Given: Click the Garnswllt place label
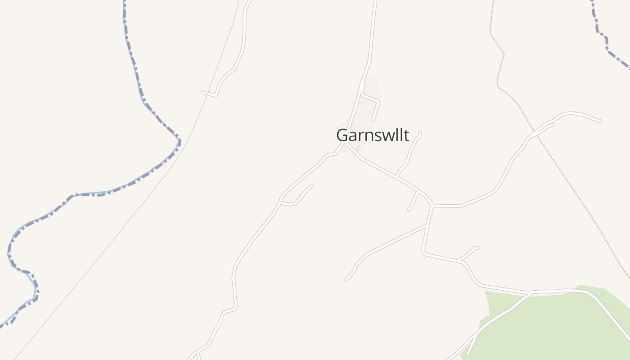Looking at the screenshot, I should tap(373, 135).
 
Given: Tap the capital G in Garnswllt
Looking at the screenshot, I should tap(342, 135).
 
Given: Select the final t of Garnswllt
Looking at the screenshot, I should tap(407, 135).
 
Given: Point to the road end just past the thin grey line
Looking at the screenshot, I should tap(202, 92).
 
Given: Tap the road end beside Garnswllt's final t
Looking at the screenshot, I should tap(420, 131).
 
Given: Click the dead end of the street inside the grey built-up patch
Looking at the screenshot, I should tap(373, 119).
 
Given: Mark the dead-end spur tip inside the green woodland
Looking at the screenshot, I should tap(468, 354).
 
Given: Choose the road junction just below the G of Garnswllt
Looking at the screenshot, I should tap(344, 144).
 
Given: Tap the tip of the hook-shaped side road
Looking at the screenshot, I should tap(311, 185).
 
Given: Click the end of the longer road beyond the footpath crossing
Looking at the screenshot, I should tap(600, 121).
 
